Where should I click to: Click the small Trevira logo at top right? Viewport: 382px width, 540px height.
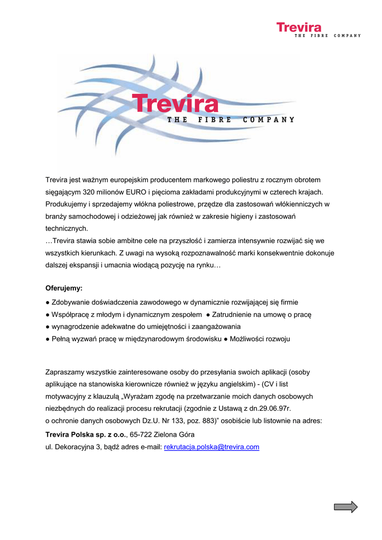[x=299, y=27]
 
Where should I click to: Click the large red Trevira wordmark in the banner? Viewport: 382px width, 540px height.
[x=175, y=103]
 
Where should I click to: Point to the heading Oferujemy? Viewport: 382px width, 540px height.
[x=64, y=288]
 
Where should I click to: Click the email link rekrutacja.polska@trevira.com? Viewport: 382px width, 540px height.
[x=212, y=447]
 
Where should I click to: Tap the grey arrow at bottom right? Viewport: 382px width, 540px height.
[x=346, y=507]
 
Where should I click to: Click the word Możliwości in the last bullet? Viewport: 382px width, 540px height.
[x=247, y=339]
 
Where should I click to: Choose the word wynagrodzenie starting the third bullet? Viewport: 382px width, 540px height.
[x=74, y=327]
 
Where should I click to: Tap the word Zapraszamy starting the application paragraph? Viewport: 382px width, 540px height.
[x=66, y=372]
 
